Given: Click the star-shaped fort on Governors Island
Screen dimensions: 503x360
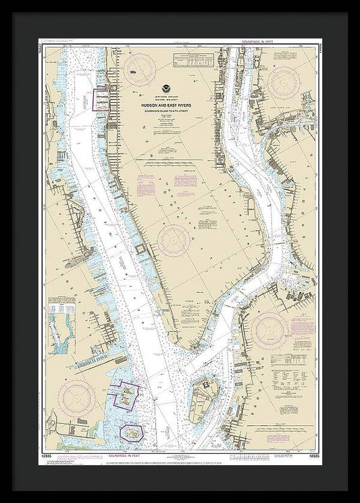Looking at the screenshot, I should point(201,391).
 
